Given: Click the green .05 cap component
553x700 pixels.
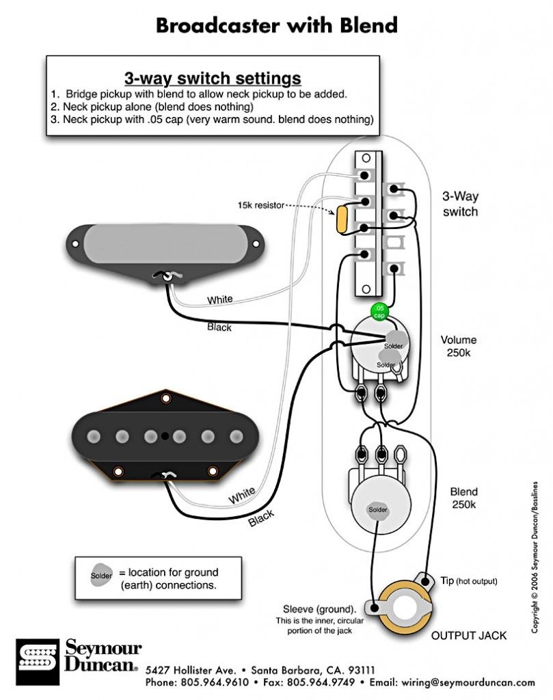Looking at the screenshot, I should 379,311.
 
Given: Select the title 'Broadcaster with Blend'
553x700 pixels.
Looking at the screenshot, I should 276,25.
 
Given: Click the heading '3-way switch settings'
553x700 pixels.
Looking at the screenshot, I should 213,76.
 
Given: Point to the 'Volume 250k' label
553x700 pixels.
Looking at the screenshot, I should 459,346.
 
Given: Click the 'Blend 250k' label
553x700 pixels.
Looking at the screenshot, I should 463,498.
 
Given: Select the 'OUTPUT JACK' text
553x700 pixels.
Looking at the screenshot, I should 468,636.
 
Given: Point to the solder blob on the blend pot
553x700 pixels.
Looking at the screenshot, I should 378,510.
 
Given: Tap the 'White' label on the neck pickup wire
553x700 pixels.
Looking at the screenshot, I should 219,299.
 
